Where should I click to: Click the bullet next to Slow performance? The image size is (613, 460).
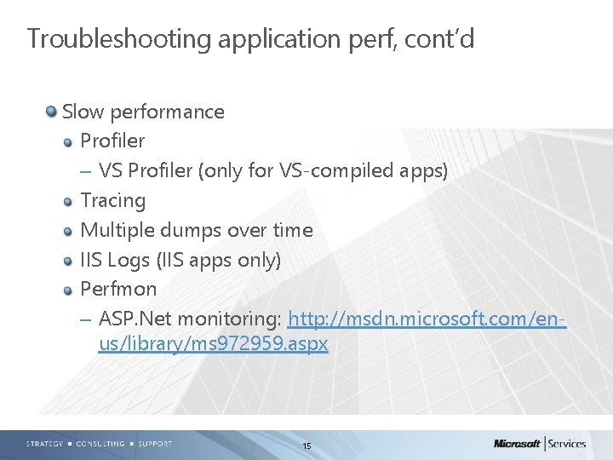52,112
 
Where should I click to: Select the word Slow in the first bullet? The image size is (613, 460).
82,112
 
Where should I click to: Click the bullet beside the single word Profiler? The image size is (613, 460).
69,141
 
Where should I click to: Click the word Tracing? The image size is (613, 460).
112,201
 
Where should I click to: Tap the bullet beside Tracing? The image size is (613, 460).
69,201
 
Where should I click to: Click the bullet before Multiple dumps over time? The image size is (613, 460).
69,231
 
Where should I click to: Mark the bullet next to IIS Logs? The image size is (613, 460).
69,261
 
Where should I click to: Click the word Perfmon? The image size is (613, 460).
118,290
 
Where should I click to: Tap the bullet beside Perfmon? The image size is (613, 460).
69,290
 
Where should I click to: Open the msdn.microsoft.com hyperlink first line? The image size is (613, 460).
427,319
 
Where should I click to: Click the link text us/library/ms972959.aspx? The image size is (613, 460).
213,345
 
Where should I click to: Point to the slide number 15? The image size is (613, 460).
306,446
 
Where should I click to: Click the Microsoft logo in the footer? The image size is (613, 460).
517,443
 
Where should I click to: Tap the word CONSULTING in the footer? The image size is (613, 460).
100,444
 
